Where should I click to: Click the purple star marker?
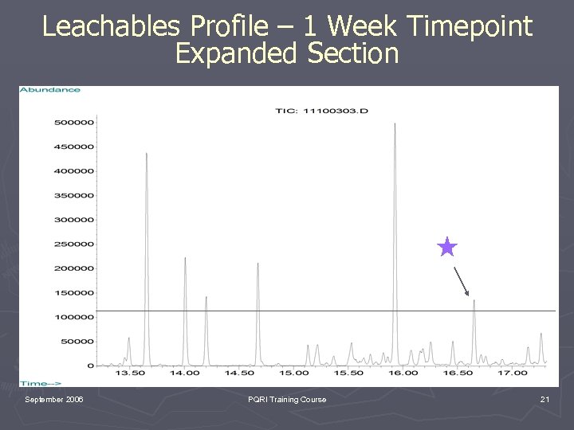click(x=447, y=248)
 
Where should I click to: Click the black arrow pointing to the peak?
click(x=462, y=281)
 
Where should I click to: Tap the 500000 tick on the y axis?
click(x=73, y=122)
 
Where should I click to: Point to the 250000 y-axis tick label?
click(x=73, y=244)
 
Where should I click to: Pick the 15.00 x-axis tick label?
click(x=293, y=373)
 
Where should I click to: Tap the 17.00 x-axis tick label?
click(x=513, y=373)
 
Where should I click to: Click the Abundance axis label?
click(x=50, y=90)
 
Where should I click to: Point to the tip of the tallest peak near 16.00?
click(x=395, y=123)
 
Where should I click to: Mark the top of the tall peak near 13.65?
click(x=146, y=154)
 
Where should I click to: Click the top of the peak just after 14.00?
click(x=185, y=258)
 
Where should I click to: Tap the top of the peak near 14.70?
click(x=258, y=264)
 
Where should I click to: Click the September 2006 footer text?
click(x=53, y=399)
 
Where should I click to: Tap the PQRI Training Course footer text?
click(x=287, y=399)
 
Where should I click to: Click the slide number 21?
click(x=545, y=399)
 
